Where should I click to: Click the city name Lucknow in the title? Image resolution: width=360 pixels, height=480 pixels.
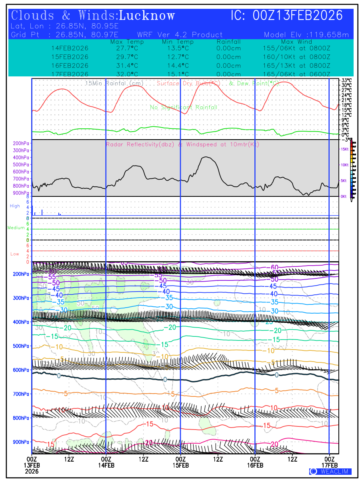147,16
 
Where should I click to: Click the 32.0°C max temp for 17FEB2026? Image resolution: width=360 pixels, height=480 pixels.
124,74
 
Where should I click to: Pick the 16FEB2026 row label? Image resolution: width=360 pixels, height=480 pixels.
70,66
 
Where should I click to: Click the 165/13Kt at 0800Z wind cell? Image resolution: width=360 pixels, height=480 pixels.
296,66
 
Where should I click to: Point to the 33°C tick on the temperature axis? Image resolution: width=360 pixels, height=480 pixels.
347,80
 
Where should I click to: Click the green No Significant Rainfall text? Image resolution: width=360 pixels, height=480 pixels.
184,108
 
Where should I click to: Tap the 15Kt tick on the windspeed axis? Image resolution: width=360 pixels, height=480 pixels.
344,149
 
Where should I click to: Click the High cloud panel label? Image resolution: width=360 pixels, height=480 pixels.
15,206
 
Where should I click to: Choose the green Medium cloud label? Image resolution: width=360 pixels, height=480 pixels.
16,228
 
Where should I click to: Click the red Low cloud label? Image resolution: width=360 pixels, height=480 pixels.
15,254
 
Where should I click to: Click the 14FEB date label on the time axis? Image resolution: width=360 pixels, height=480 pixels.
106,466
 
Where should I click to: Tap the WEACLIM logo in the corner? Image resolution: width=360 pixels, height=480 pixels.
330,472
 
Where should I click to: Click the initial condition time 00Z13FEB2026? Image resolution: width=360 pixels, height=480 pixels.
298,16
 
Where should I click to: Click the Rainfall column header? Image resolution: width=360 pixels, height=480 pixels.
228,42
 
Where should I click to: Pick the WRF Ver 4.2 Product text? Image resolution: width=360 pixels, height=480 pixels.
180,35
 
